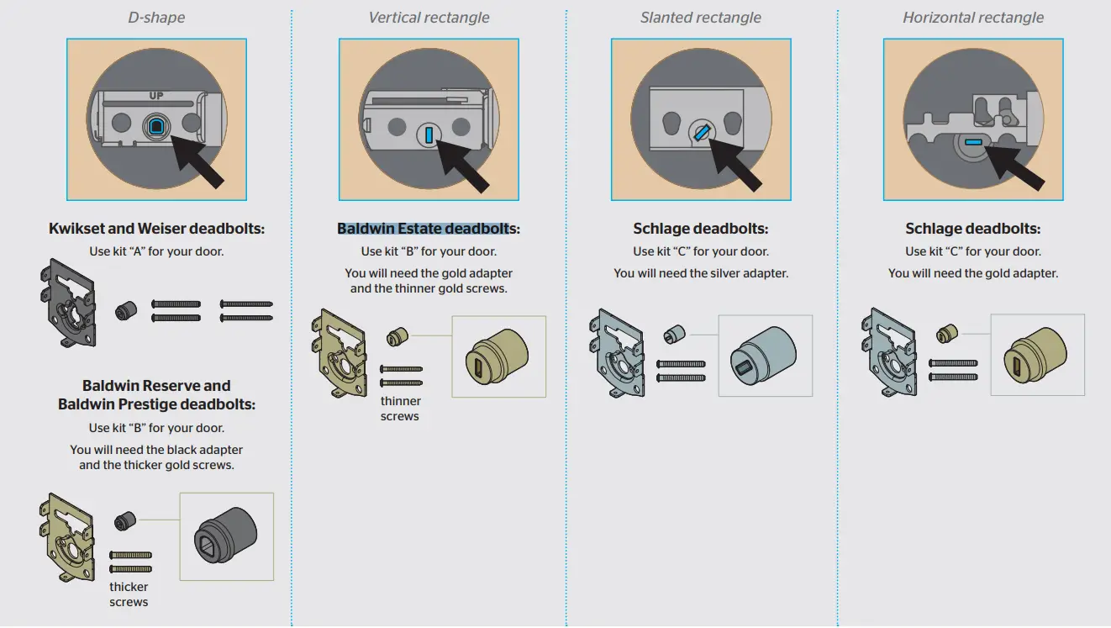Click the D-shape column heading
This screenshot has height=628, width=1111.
point(156,18)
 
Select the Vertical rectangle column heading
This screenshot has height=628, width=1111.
point(429,18)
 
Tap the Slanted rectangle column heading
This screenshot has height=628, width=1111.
point(701,18)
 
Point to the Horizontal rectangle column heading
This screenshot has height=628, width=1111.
point(972,18)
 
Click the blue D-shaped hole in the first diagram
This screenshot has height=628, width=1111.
point(156,126)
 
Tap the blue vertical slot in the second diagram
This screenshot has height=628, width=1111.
point(429,133)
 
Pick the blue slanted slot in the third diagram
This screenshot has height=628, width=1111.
point(702,132)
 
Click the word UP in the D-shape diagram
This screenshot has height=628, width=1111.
point(156,96)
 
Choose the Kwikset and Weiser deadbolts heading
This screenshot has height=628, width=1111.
point(156,229)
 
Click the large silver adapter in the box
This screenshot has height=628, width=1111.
point(764,356)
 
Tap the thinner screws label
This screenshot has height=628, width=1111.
point(400,409)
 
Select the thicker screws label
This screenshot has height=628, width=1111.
point(129,594)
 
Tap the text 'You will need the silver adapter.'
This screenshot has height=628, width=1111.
point(701,273)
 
